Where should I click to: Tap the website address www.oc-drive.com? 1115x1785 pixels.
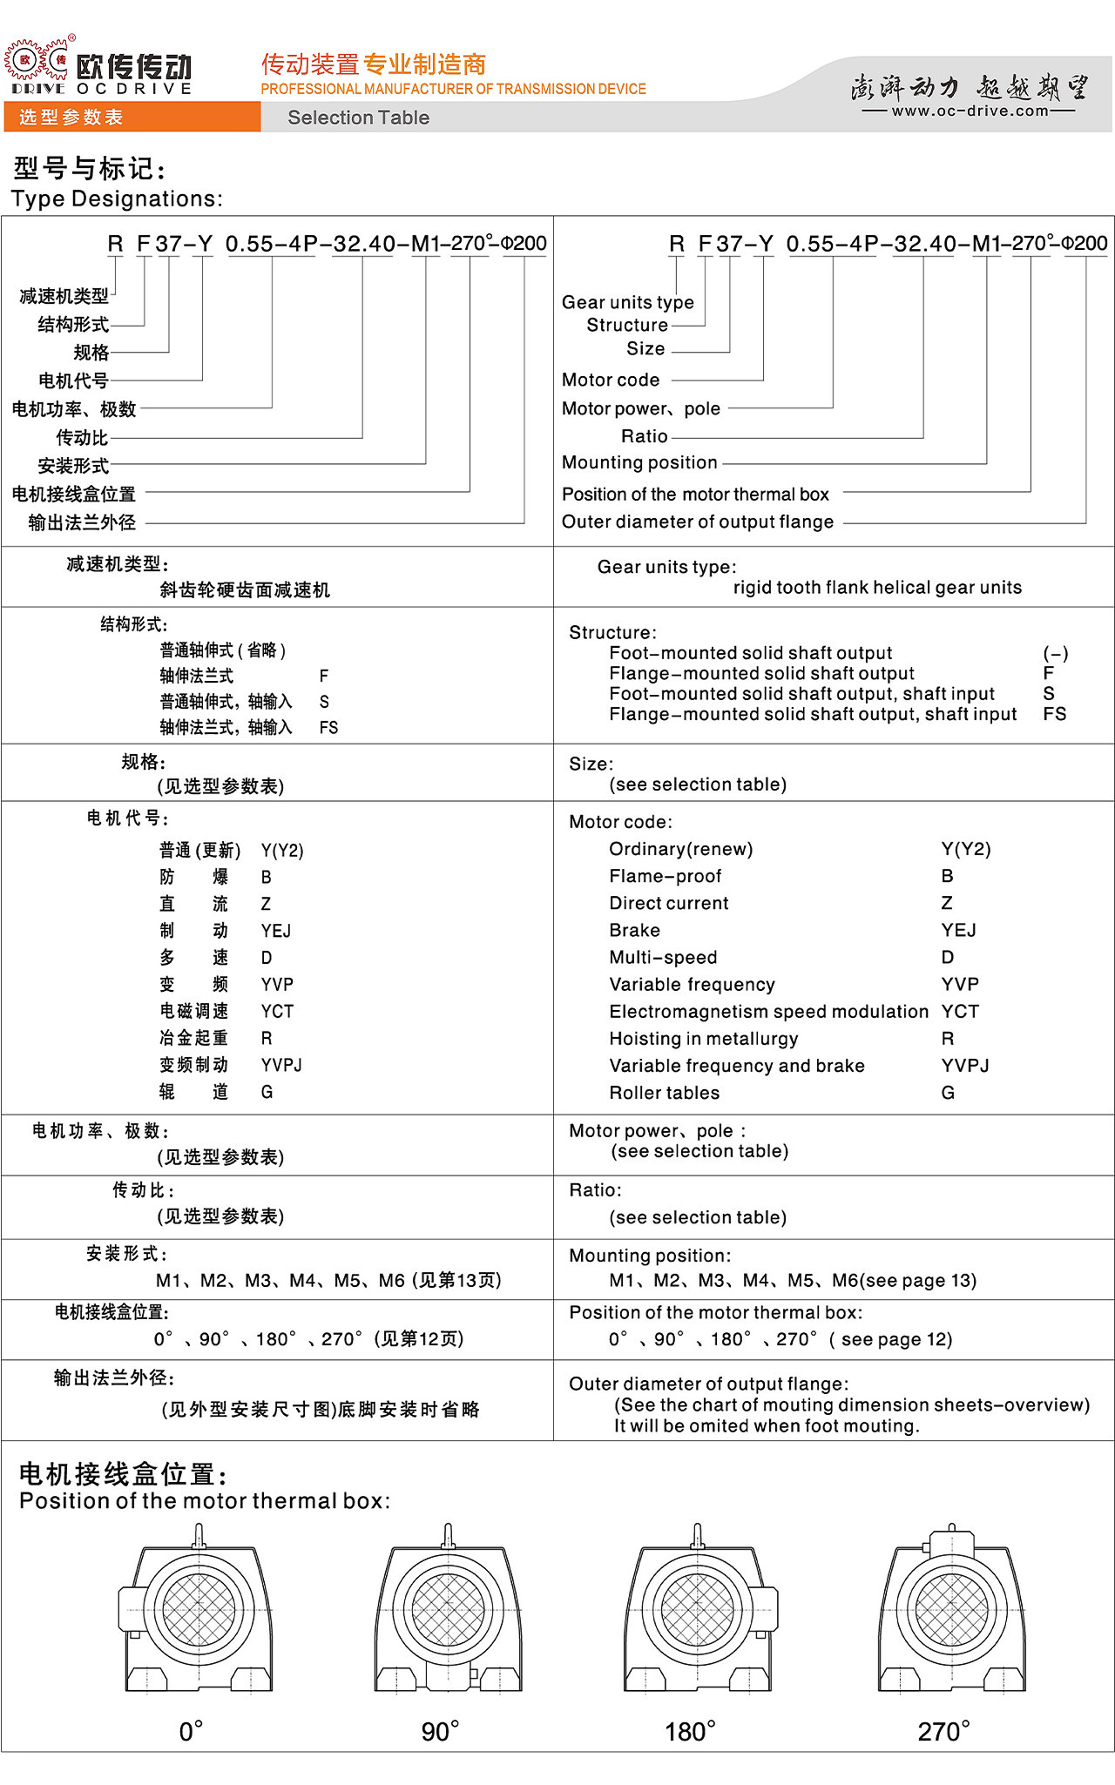[x=970, y=111]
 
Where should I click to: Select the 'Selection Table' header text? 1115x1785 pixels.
[x=358, y=118]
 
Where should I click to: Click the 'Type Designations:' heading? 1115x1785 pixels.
[x=117, y=199]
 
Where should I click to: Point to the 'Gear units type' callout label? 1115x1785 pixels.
[x=627, y=302]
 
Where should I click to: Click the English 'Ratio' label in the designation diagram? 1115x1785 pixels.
[x=644, y=436]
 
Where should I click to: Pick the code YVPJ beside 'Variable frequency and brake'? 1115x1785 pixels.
[x=965, y=1066]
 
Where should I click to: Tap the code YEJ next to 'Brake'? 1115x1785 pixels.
[x=958, y=930]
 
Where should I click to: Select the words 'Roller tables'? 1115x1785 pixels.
[x=664, y=1093]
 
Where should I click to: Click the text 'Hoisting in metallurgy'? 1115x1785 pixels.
[x=703, y=1039]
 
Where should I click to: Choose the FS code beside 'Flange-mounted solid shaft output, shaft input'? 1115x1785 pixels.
[x=1054, y=714]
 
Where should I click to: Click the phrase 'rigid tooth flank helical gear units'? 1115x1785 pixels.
[x=877, y=588]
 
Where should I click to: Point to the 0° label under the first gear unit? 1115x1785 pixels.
[x=191, y=1732]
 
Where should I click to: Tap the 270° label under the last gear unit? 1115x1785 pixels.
[x=943, y=1732]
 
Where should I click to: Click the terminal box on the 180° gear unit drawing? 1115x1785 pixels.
[x=765, y=1608]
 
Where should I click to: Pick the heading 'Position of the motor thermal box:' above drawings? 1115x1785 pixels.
[x=205, y=1501]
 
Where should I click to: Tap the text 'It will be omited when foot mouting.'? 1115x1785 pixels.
[x=767, y=1426]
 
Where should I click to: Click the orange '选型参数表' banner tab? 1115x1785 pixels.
[x=71, y=118]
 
